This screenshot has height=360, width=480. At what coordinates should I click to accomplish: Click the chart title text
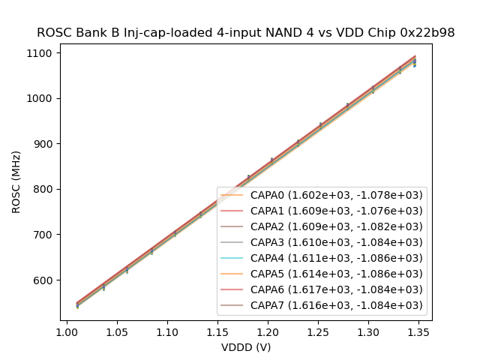point(246,33)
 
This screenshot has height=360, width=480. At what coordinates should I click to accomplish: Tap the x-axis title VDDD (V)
point(246,347)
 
